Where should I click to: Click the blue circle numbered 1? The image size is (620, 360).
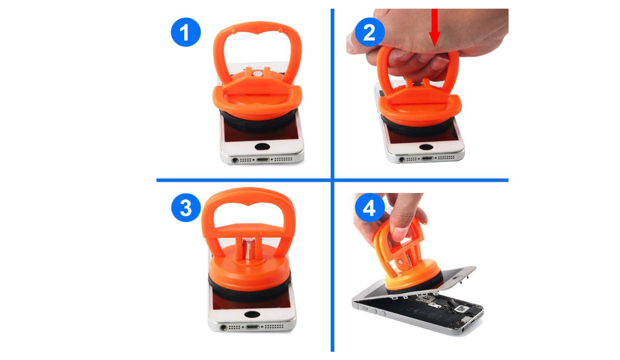[x=186, y=32]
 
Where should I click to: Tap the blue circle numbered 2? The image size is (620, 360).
[x=370, y=32]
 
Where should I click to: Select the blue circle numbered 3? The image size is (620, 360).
[x=186, y=208]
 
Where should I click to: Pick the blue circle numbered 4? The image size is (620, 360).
[x=370, y=208]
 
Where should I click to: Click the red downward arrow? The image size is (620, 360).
[x=434, y=27]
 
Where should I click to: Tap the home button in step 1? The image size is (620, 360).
[x=262, y=147]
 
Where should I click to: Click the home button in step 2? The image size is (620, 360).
[x=426, y=147]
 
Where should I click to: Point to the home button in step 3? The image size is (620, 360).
[x=252, y=314]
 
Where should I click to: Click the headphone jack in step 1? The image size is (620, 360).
[x=235, y=160]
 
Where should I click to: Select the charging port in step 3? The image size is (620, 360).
[x=252, y=327]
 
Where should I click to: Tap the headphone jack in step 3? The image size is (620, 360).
[x=223, y=328]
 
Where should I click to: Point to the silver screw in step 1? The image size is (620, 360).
[x=257, y=74]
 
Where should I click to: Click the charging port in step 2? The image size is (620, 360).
[x=427, y=158]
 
